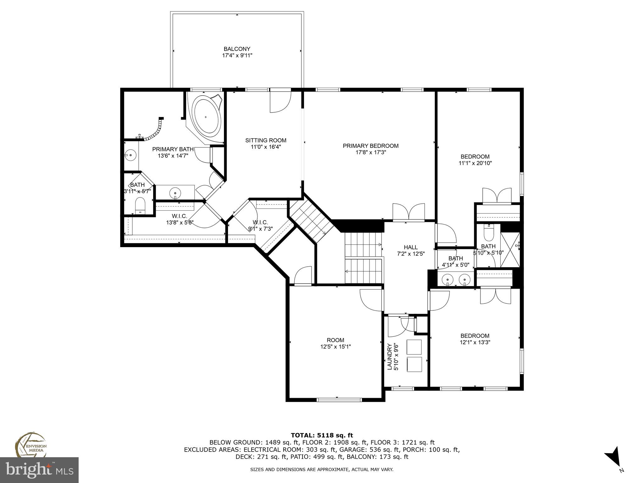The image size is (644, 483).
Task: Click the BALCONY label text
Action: pos(237,49)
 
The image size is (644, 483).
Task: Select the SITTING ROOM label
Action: pos(266,141)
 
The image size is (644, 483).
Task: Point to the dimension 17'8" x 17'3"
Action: pos(370,153)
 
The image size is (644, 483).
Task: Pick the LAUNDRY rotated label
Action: pos(390,357)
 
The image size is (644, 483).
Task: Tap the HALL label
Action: pos(410,247)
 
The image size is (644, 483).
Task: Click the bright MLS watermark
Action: pos(39,470)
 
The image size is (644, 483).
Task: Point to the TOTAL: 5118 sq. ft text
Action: pos(322,436)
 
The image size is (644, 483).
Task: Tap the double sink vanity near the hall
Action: pos(456,279)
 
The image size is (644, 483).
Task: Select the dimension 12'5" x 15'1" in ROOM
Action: pos(336,347)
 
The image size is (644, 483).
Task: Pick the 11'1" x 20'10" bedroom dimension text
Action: pos(475,163)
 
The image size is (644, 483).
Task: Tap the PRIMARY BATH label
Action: pos(173,149)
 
